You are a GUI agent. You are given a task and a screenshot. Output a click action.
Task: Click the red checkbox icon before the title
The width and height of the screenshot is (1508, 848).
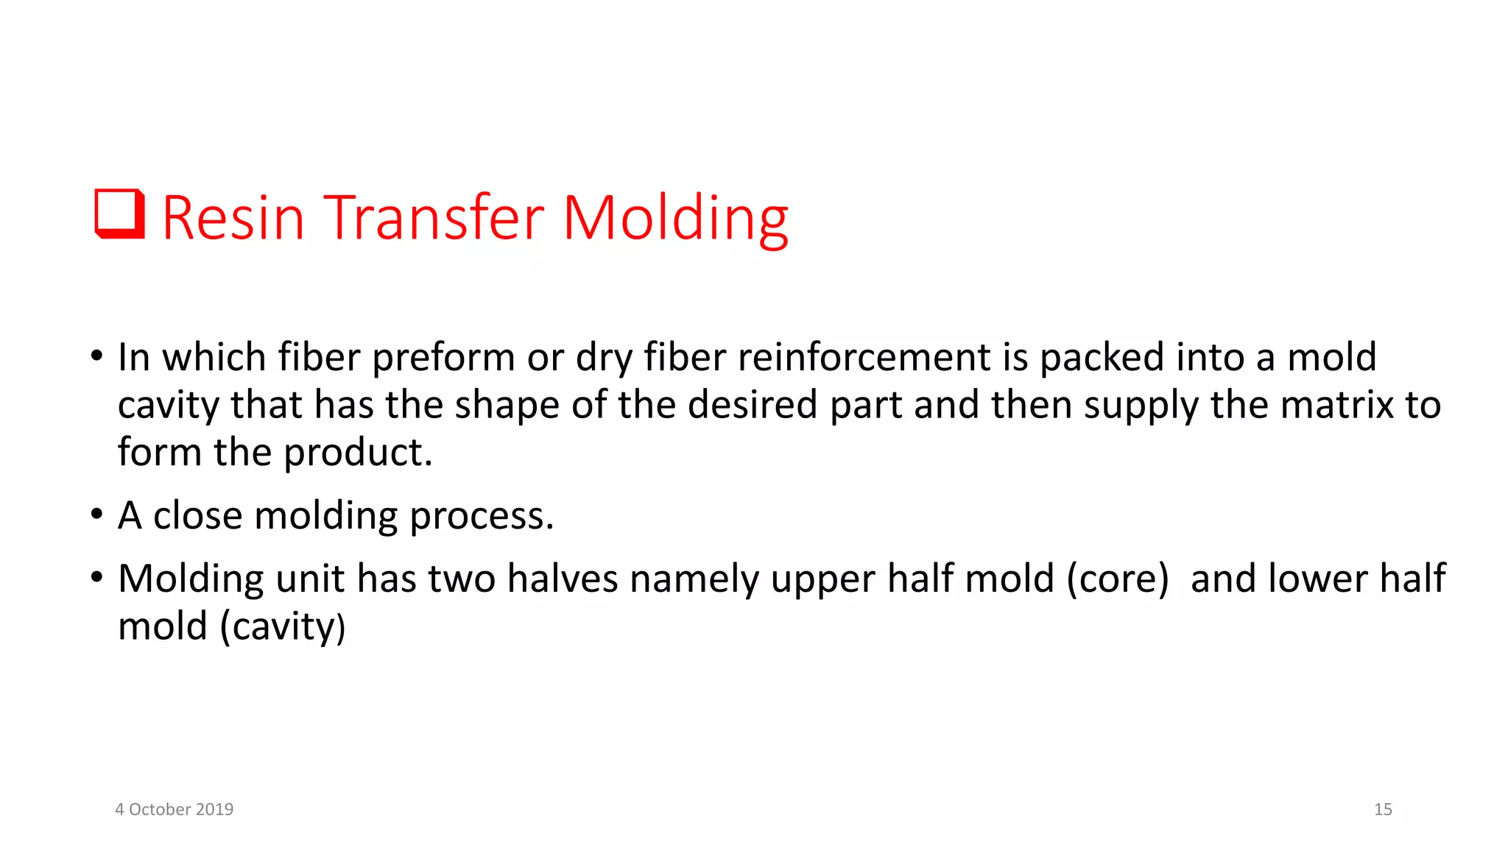click(119, 214)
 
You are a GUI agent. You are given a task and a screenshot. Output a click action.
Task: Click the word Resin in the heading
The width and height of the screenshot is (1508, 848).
click(233, 218)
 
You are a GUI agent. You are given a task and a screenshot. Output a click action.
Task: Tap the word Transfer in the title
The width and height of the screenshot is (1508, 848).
click(434, 218)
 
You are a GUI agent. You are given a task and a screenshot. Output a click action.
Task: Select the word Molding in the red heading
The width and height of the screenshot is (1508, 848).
click(675, 219)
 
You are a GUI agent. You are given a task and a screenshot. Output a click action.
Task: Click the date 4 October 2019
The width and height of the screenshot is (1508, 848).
click(174, 809)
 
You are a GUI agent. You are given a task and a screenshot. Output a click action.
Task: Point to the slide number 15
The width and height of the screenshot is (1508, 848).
click(1382, 809)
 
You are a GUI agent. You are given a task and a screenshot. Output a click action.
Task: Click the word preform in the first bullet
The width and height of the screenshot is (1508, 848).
click(443, 358)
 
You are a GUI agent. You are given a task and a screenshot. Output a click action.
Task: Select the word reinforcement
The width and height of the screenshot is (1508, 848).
click(863, 357)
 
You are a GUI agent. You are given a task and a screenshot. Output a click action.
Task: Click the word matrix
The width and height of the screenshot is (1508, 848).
click(1336, 405)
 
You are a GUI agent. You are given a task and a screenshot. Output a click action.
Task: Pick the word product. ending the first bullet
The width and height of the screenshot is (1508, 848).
click(358, 453)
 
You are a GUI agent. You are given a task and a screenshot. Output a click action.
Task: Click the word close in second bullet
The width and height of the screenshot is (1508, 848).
click(197, 515)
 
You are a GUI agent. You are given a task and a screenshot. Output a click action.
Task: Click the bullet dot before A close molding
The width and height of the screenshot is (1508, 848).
click(96, 514)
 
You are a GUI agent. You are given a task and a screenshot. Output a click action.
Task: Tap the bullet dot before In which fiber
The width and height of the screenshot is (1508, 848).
click(96, 356)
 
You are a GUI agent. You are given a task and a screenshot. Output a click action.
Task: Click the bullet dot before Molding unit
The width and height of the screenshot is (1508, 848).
click(96, 577)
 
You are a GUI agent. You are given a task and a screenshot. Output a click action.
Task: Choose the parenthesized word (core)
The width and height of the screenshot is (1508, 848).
click(1117, 579)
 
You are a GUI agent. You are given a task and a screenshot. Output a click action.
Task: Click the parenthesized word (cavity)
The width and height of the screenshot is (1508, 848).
click(283, 628)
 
